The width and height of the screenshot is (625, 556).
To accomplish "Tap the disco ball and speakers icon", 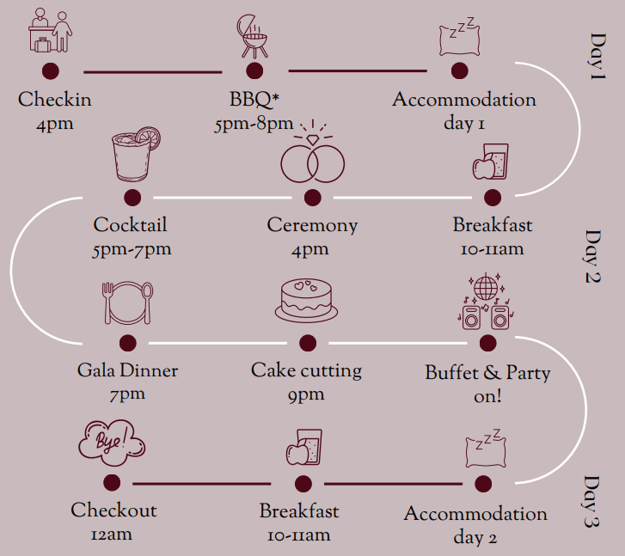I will [x=486, y=302].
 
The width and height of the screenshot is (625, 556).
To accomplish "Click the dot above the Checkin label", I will [x=51, y=71].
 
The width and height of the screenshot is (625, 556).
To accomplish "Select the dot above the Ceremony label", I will [x=312, y=198].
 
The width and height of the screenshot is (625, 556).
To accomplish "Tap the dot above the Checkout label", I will [x=112, y=485].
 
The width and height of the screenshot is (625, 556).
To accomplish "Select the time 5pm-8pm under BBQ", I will [x=254, y=125].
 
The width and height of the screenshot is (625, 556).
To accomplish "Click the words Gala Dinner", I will [x=128, y=371].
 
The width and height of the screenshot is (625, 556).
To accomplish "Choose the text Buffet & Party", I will [x=487, y=373].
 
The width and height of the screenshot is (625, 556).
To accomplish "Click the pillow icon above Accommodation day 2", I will [x=482, y=448].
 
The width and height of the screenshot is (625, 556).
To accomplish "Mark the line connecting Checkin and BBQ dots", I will [x=152, y=71].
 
